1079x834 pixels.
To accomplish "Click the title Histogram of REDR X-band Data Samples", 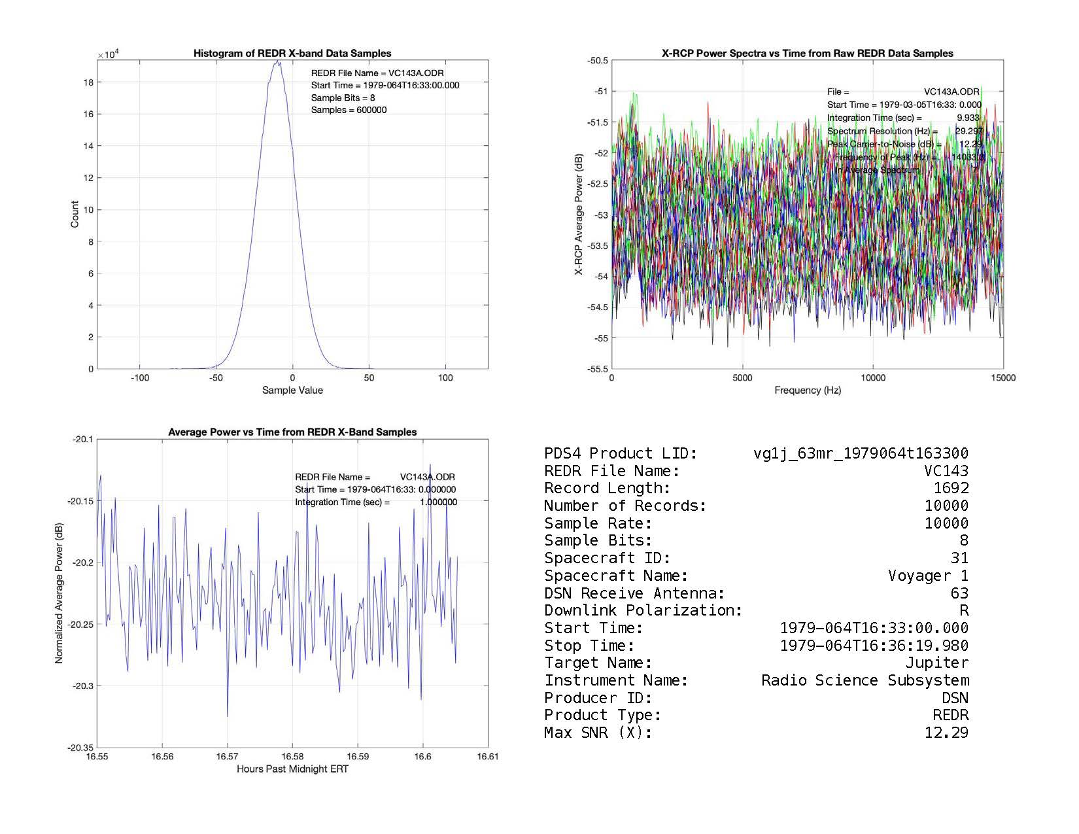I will point(292,54).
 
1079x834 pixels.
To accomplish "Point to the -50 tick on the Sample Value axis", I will point(216,377).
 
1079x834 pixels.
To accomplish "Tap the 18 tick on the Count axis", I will point(90,82).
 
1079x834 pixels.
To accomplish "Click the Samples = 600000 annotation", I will point(349,110).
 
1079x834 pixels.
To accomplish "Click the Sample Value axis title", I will point(292,391).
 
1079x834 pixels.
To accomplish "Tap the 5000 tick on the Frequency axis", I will point(742,377).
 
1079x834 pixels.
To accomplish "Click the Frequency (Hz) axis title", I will point(808,391).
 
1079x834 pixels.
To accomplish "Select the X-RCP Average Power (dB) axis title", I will point(579,215).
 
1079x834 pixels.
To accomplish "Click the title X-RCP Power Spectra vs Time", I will point(808,54).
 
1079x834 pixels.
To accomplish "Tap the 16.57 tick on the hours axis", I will point(228,757).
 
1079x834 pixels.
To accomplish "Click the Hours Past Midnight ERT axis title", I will point(292,769).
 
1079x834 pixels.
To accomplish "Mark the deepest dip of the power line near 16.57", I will point(228,716).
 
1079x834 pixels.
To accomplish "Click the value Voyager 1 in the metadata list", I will point(928,576).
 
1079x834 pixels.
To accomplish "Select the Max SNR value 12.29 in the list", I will point(946,733).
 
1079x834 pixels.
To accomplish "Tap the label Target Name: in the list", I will point(598,663).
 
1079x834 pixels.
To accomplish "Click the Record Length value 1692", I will point(951,488).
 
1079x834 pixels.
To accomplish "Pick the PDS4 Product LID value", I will point(861,453).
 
